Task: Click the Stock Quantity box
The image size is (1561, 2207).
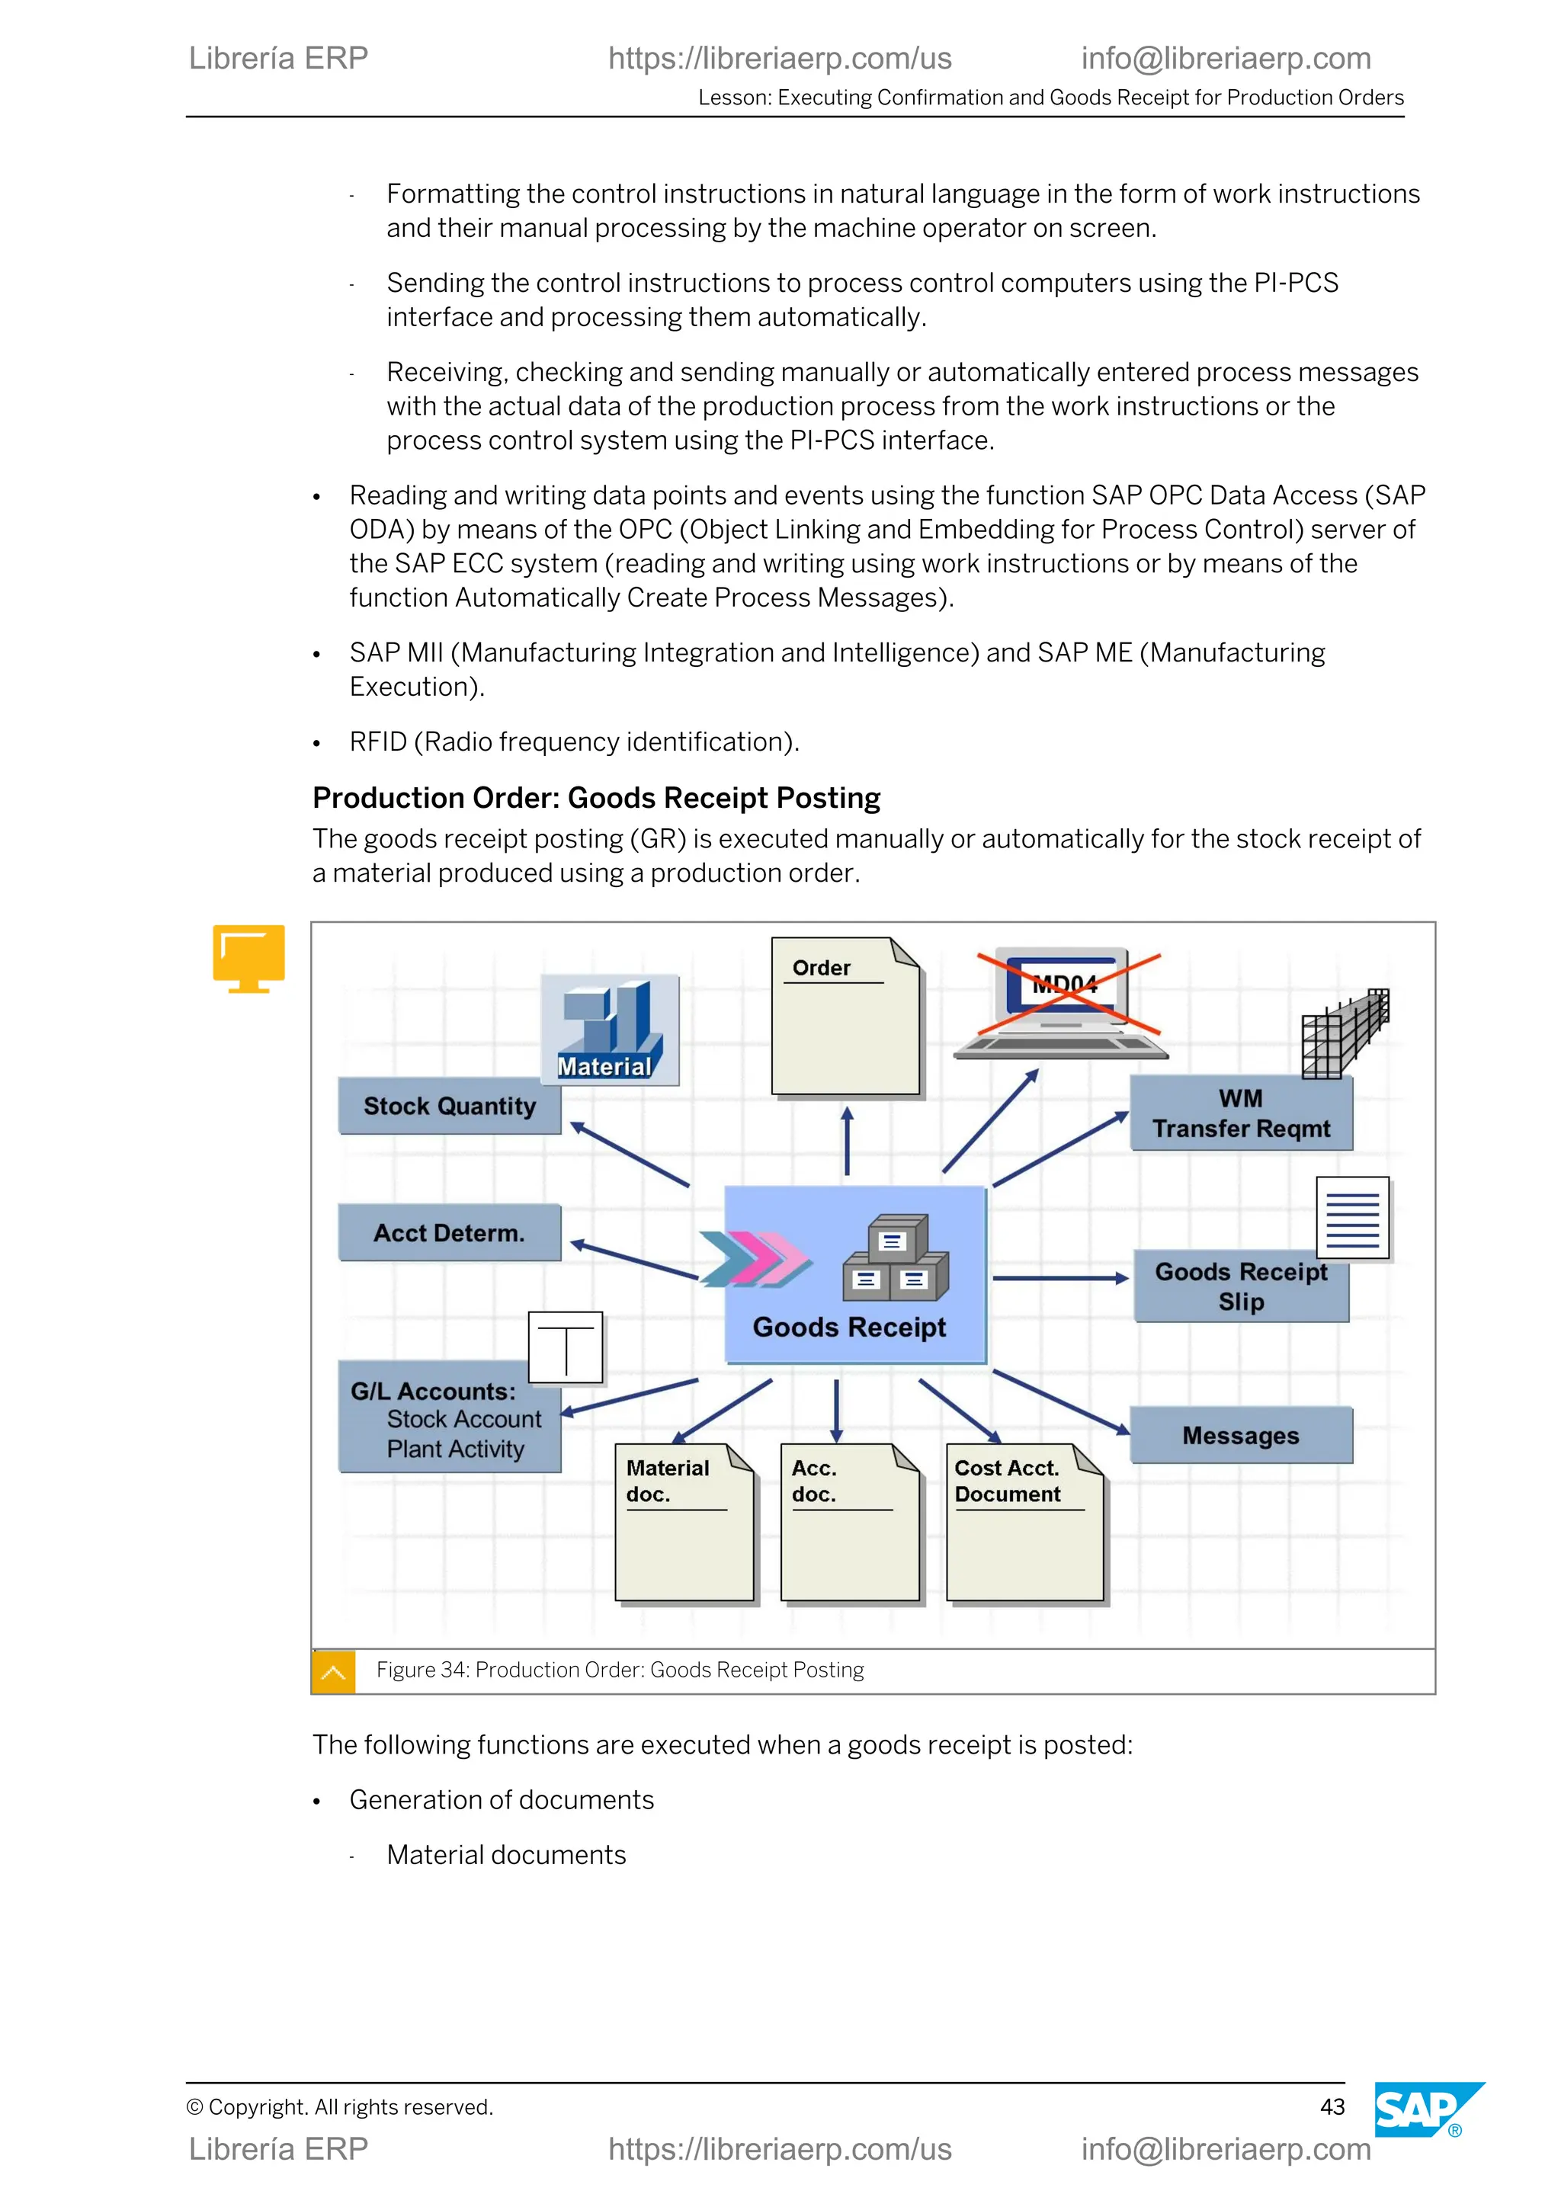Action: [449, 1107]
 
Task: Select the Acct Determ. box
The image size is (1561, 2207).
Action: [449, 1232]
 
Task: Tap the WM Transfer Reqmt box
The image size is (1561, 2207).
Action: [1240, 1114]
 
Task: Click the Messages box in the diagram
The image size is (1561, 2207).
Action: [1240, 1435]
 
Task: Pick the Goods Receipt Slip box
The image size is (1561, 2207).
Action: [1240, 1287]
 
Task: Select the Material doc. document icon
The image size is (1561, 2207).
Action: [684, 1523]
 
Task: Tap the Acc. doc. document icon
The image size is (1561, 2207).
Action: [850, 1523]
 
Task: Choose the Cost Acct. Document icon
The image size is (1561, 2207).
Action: [1024, 1523]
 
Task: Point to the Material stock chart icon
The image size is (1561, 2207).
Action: [610, 1030]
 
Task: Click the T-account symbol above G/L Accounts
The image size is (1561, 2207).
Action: [566, 1347]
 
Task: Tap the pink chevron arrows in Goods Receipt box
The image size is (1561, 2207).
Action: [755, 1258]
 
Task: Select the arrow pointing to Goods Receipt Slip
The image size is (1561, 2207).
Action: [1059, 1279]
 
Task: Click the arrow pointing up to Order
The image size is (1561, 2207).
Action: [847, 1141]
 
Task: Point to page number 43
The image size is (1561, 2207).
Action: [1332, 2107]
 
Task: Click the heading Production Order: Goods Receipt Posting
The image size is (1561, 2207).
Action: [596, 798]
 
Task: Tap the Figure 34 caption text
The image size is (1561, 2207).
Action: [620, 1670]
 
